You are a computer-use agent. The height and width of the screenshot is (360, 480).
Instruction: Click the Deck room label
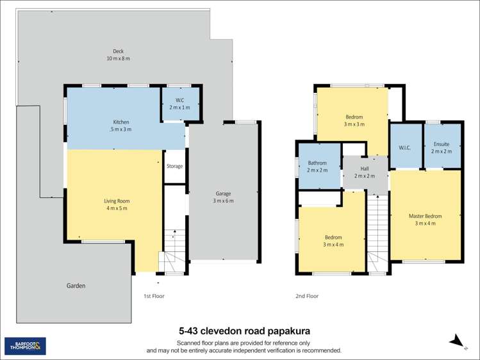coord(118,51)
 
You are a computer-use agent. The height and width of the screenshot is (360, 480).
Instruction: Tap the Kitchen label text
coord(121,122)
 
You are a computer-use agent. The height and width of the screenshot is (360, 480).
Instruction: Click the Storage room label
coord(174,166)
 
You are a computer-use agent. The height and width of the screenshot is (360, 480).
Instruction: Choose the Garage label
coord(223,193)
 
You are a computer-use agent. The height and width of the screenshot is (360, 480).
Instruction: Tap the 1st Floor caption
coord(154,296)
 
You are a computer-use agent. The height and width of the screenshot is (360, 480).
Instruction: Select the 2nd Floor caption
coord(307,296)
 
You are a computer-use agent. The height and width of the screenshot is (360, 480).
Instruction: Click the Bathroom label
coord(317,163)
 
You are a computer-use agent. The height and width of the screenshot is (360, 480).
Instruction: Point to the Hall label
coord(365,169)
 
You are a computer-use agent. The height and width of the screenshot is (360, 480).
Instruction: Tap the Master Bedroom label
coord(425,216)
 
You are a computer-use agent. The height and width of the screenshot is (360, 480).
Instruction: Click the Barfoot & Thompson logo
coord(25,347)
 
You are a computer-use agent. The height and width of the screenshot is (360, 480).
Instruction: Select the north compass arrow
coord(456,341)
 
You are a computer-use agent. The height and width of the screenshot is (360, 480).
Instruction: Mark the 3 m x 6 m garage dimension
coord(223,200)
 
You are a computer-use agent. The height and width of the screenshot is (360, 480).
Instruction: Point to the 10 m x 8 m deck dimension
coord(118,58)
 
